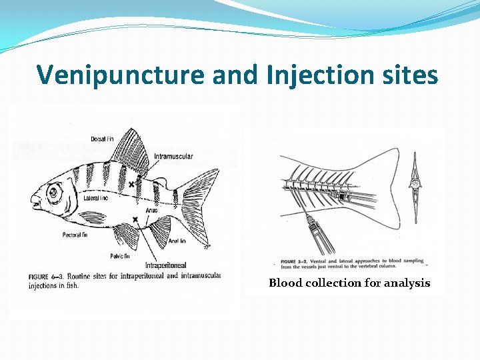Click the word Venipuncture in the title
pos(121,75)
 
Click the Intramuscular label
pos(173,157)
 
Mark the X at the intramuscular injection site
pos(131,183)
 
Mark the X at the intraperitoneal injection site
pos(135,219)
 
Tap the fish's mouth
pos(33,199)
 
